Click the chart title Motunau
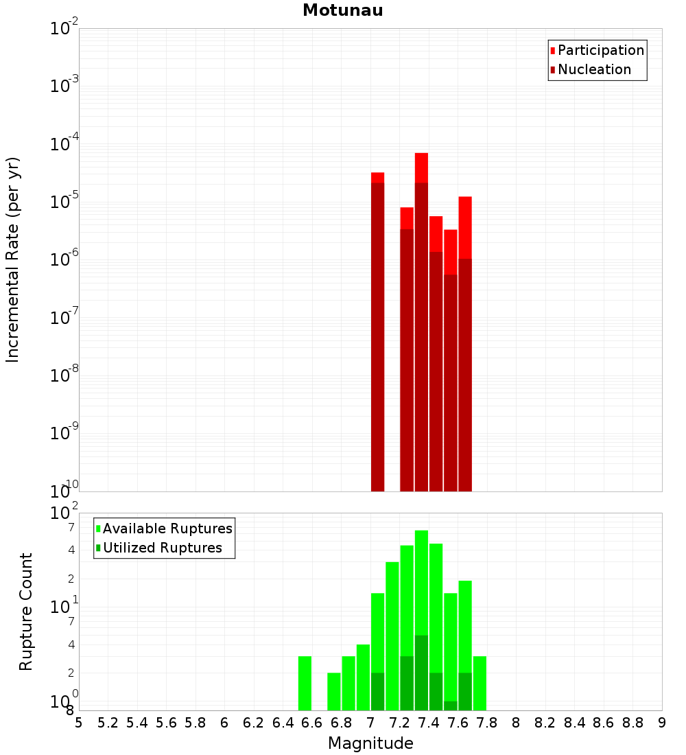(342, 10)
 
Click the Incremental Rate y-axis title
(13, 259)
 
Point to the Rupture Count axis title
(26, 612)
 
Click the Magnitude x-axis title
(370, 743)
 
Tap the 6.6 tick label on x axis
(312, 723)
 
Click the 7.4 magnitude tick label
(429, 723)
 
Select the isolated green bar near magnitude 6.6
(305, 683)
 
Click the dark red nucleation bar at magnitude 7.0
(377, 336)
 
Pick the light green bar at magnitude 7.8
(480, 683)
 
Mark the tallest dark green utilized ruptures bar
(421, 673)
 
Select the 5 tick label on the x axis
(79, 723)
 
